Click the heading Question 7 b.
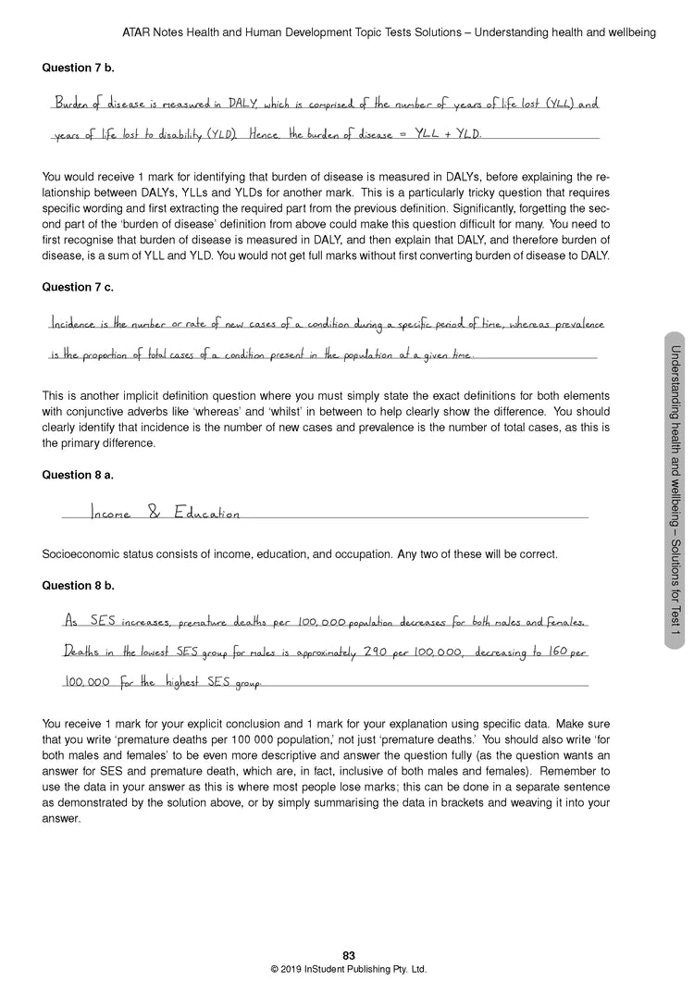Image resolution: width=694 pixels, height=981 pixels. tap(79, 68)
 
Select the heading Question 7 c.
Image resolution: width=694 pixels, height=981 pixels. tap(78, 287)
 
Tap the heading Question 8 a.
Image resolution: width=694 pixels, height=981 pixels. tap(79, 475)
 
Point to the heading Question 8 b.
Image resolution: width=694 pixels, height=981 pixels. tap(79, 586)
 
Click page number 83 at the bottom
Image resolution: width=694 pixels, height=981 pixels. tap(348, 956)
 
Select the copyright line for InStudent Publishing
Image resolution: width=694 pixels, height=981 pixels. tap(348, 970)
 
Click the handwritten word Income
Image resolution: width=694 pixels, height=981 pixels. tap(111, 513)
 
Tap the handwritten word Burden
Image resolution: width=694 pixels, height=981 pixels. tap(72, 104)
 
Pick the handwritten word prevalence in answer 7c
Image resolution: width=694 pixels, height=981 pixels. tap(574, 325)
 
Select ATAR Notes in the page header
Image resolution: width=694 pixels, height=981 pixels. tap(153, 32)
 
